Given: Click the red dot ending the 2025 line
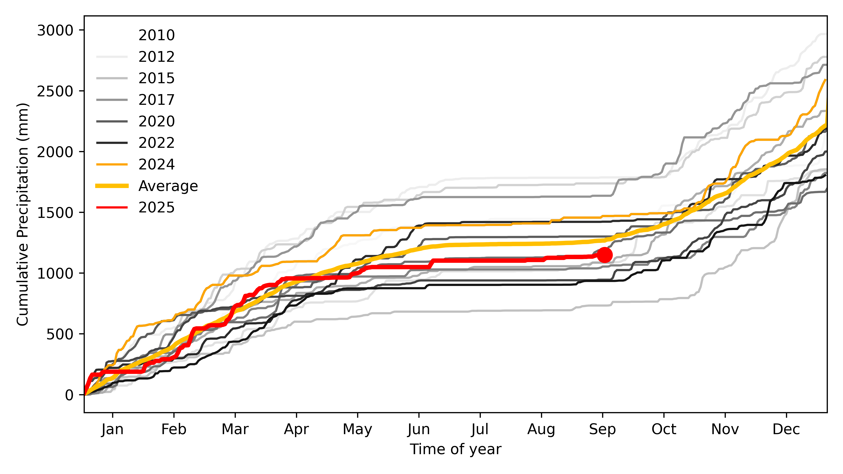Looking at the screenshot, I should pyautogui.click(x=605, y=255).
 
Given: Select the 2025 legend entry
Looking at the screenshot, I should pyautogui.click(x=156, y=207).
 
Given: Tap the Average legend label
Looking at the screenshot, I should pyautogui.click(x=168, y=186).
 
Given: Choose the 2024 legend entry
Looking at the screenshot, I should pyautogui.click(x=156, y=164).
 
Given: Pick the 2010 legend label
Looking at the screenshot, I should pyautogui.click(x=156, y=35).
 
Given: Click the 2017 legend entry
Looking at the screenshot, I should pyautogui.click(x=156, y=100).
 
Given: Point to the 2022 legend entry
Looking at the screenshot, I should pyautogui.click(x=156, y=143).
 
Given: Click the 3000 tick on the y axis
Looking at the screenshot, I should pyautogui.click(x=55, y=30).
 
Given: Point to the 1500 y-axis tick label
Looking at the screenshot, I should pyautogui.click(x=55, y=213).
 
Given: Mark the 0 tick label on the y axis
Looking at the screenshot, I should pyautogui.click(x=69, y=395).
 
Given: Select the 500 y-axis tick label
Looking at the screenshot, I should pyautogui.click(x=60, y=334).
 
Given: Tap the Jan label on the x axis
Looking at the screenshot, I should pyautogui.click(x=113, y=429).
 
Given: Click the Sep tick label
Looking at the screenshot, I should pyautogui.click(x=602, y=429).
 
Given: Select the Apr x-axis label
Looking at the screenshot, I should pyautogui.click(x=296, y=429).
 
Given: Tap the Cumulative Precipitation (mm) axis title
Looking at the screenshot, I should pyautogui.click(x=23, y=214).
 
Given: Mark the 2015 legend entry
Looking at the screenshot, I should pyautogui.click(x=156, y=78).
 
